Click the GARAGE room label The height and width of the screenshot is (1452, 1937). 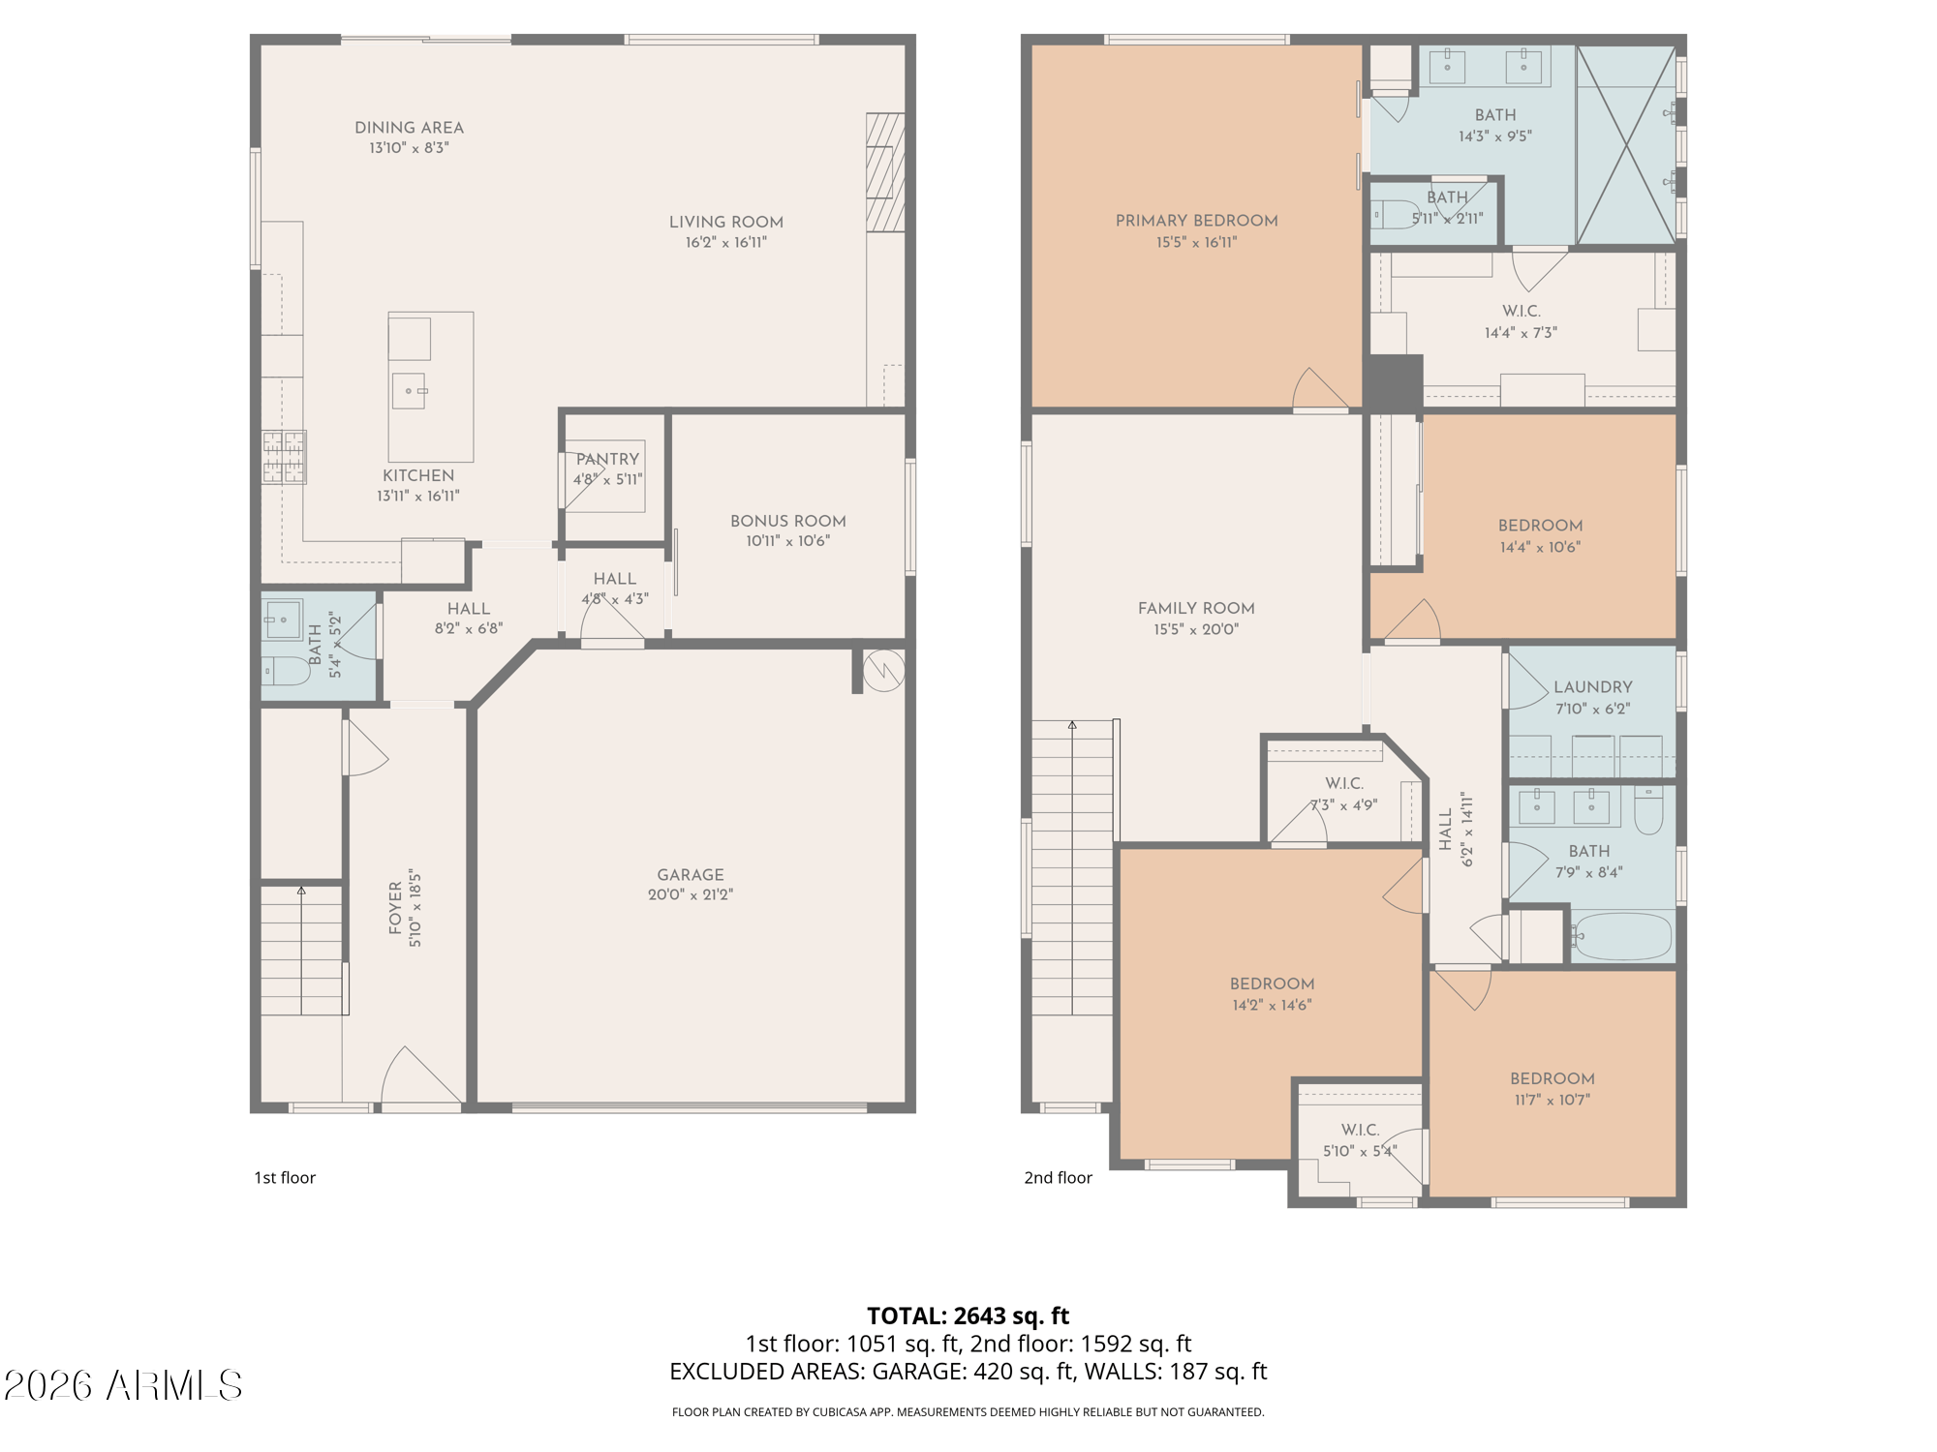691,874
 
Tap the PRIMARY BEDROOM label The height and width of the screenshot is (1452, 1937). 1196,221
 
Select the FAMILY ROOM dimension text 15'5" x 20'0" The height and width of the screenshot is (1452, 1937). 1196,629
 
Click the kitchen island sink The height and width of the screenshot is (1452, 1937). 409,391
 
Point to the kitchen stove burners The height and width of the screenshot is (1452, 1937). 284,457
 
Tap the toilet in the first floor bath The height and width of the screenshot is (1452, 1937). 286,671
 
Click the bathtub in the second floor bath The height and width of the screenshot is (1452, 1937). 1622,936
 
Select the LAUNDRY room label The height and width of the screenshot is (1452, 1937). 1592,687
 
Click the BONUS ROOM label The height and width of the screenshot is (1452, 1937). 787,521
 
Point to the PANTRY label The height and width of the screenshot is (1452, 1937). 607,459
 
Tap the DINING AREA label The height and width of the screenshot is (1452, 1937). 409,128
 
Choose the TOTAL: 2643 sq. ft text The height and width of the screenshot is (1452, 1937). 968,1316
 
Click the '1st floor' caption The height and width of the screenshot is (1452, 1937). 285,1178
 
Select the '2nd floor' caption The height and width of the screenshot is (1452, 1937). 1058,1178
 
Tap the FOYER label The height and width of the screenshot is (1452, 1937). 395,907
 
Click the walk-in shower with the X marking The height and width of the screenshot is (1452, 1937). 1626,144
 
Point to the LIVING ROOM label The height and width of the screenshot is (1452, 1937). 725,222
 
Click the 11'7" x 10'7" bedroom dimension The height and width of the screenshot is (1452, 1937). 1552,1100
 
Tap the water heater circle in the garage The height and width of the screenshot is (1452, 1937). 883,670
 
